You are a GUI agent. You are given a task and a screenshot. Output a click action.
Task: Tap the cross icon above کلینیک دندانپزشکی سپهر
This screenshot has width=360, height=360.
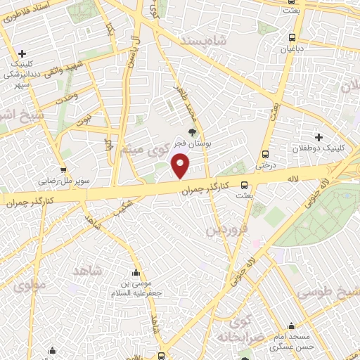[23, 53]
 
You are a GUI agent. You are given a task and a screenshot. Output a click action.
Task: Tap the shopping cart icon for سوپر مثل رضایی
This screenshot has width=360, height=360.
[63, 169]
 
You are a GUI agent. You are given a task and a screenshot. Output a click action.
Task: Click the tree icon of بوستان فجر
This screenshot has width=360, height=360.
[191, 131]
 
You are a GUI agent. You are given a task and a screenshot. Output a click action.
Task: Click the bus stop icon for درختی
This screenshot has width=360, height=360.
[265, 155]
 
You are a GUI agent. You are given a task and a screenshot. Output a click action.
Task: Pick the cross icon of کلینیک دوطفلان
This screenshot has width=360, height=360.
[319, 137]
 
